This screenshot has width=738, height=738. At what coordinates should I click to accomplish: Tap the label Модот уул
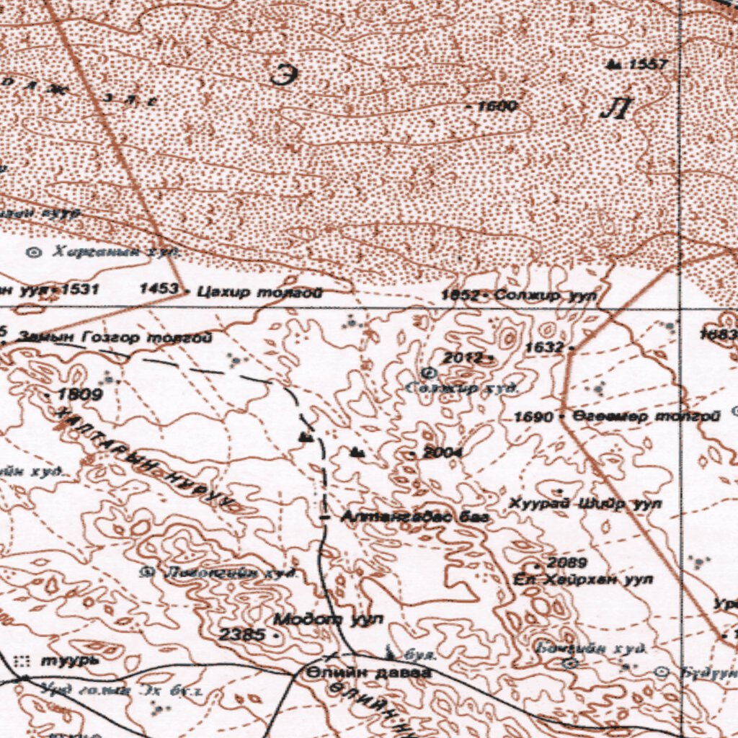coord(328,619)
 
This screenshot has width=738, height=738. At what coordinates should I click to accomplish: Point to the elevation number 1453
coord(159,289)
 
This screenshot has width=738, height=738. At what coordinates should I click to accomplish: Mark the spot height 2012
coord(463,357)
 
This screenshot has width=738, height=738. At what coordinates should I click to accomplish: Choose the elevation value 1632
coord(543,347)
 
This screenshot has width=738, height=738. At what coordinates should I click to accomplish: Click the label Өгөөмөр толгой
coord(646,417)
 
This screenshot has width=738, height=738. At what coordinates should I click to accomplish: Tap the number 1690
coord(533,417)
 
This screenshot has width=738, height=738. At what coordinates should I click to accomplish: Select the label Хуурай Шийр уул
coord(585,504)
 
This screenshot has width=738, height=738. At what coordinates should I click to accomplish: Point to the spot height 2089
coord(566,562)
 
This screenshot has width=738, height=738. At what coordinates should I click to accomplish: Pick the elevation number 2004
coord(443,452)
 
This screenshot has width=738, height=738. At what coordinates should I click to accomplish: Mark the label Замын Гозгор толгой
coord(115,337)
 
